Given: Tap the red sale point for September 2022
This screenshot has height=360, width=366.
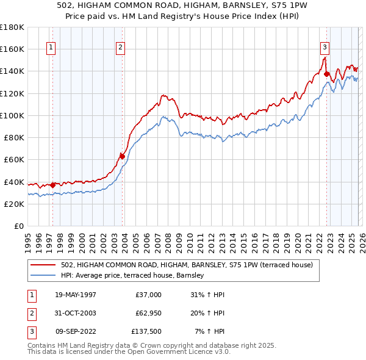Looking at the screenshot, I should pos(326,74).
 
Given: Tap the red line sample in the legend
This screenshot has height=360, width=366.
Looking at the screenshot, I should pos(43,265).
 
